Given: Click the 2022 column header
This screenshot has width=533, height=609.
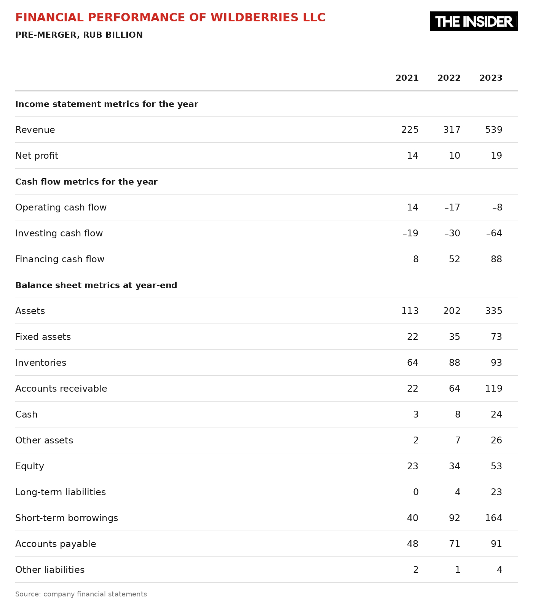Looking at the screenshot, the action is pyautogui.click(x=449, y=78).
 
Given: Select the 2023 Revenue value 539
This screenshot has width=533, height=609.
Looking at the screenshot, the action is pyautogui.click(x=494, y=130).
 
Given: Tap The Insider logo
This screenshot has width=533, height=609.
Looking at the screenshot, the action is pyautogui.click(x=474, y=21).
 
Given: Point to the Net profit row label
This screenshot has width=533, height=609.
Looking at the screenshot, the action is pyautogui.click(x=37, y=156).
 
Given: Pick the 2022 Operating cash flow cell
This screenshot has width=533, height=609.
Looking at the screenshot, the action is pyautogui.click(x=452, y=207).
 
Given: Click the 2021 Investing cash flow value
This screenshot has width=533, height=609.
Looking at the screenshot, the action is pyautogui.click(x=410, y=233).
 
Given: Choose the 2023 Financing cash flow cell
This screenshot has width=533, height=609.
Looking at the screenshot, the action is pyautogui.click(x=496, y=259).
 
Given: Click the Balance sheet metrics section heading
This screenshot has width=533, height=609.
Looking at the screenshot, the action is pyautogui.click(x=96, y=285).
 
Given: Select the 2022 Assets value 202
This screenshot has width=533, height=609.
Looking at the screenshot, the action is pyautogui.click(x=452, y=311).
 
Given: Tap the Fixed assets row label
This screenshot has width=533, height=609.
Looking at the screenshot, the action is pyautogui.click(x=43, y=337).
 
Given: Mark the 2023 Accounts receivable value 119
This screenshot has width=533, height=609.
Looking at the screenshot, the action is pyautogui.click(x=494, y=389).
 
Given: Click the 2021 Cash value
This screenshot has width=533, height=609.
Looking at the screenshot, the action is pyautogui.click(x=416, y=415).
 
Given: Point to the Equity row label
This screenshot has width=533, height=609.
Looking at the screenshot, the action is pyautogui.click(x=30, y=467).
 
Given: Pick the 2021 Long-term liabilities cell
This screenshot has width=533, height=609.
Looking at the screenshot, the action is pyautogui.click(x=416, y=492).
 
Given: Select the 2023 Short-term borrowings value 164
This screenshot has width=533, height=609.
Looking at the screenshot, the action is pyautogui.click(x=494, y=518).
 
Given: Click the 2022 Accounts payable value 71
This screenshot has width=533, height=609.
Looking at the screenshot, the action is pyautogui.click(x=455, y=544).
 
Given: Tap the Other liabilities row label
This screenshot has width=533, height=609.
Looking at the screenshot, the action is pyautogui.click(x=50, y=570).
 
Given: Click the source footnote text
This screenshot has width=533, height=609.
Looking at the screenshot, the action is pyautogui.click(x=81, y=594).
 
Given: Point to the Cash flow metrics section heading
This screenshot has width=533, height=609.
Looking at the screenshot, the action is pyautogui.click(x=86, y=182).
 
